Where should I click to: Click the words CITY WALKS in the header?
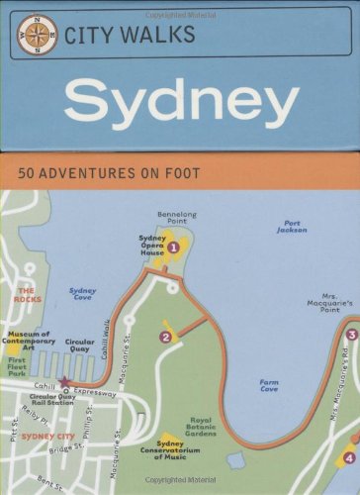pyautogui.click(x=129, y=36)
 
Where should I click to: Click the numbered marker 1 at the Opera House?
pyautogui.click(x=173, y=247)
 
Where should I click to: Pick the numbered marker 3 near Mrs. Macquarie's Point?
pyautogui.click(x=350, y=335)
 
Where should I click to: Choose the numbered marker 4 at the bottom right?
pyautogui.click(x=348, y=457)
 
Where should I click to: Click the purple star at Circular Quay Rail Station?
pyautogui.click(x=66, y=381)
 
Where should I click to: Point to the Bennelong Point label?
pyautogui.click(x=176, y=218)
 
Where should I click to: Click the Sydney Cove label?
pyautogui.click(x=83, y=294)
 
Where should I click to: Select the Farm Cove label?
pyautogui.click(x=268, y=385)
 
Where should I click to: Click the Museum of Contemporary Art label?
pyautogui.click(x=30, y=342)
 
